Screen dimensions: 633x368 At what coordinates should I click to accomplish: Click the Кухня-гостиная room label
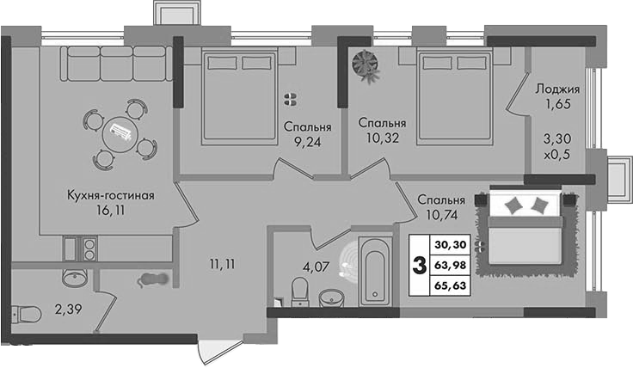[x=111, y=196]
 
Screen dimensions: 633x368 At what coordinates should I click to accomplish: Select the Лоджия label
[x=557, y=89]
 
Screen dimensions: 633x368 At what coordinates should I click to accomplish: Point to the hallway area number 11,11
[x=223, y=264]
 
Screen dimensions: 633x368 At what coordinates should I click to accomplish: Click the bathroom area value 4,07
[x=316, y=267]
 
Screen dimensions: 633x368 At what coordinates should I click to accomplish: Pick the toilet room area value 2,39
[x=69, y=310]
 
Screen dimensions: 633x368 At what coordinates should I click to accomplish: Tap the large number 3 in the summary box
[x=420, y=266]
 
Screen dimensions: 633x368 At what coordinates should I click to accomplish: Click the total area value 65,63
[x=451, y=285]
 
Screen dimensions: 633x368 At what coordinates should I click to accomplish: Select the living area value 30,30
[x=451, y=244]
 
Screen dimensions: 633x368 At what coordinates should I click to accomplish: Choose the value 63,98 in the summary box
[x=451, y=265]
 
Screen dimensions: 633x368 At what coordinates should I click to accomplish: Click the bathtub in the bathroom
[x=376, y=271]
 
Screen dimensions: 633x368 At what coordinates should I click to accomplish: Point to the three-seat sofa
[x=117, y=64]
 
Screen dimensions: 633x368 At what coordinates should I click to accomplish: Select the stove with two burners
[x=89, y=249]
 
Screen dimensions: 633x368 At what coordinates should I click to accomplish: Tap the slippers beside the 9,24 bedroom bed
[x=290, y=99]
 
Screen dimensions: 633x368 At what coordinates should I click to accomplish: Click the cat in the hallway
[x=152, y=279]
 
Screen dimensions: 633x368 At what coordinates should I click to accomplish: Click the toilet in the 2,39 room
[x=26, y=314]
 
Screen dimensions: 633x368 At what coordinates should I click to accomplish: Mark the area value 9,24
[x=308, y=142]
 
